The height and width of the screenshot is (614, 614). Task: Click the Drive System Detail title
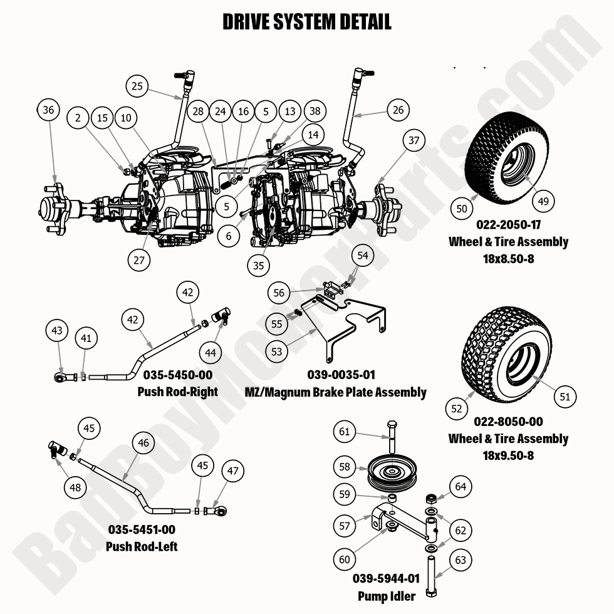307,22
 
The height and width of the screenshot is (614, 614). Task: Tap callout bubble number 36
49,110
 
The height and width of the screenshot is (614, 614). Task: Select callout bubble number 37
414,141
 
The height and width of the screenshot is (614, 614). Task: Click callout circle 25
138,86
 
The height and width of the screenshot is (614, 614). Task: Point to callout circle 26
398,110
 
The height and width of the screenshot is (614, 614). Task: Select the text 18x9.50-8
507,455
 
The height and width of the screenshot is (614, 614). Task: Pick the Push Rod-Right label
177,392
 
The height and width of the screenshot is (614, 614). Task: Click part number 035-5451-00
142,530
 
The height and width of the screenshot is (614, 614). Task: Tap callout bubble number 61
345,432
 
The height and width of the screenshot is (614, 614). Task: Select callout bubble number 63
460,559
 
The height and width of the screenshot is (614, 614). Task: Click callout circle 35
259,265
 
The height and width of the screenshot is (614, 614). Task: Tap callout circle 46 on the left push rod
144,443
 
